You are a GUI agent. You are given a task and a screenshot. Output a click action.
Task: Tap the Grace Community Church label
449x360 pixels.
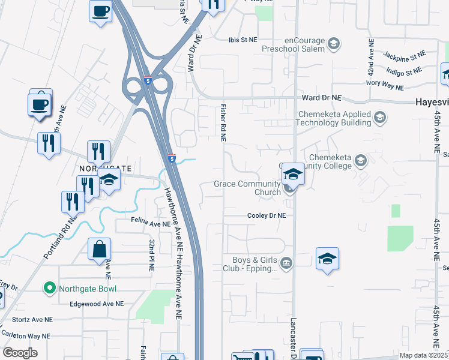pos(247,188)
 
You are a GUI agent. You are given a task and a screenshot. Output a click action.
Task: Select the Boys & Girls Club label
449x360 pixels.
pos(255,264)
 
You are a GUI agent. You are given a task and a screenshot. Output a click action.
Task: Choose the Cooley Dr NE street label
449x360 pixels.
pos(266,215)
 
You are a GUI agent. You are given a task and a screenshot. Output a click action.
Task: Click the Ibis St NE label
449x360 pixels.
pos(243,40)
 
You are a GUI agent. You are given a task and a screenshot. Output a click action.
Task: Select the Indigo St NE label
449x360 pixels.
pos(405,72)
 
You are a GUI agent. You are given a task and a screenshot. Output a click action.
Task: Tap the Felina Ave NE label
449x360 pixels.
pos(151,224)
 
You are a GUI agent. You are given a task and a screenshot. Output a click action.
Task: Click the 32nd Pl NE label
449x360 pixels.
pos(151,254)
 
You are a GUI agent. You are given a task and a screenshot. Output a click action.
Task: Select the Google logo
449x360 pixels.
pos(20,353)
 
